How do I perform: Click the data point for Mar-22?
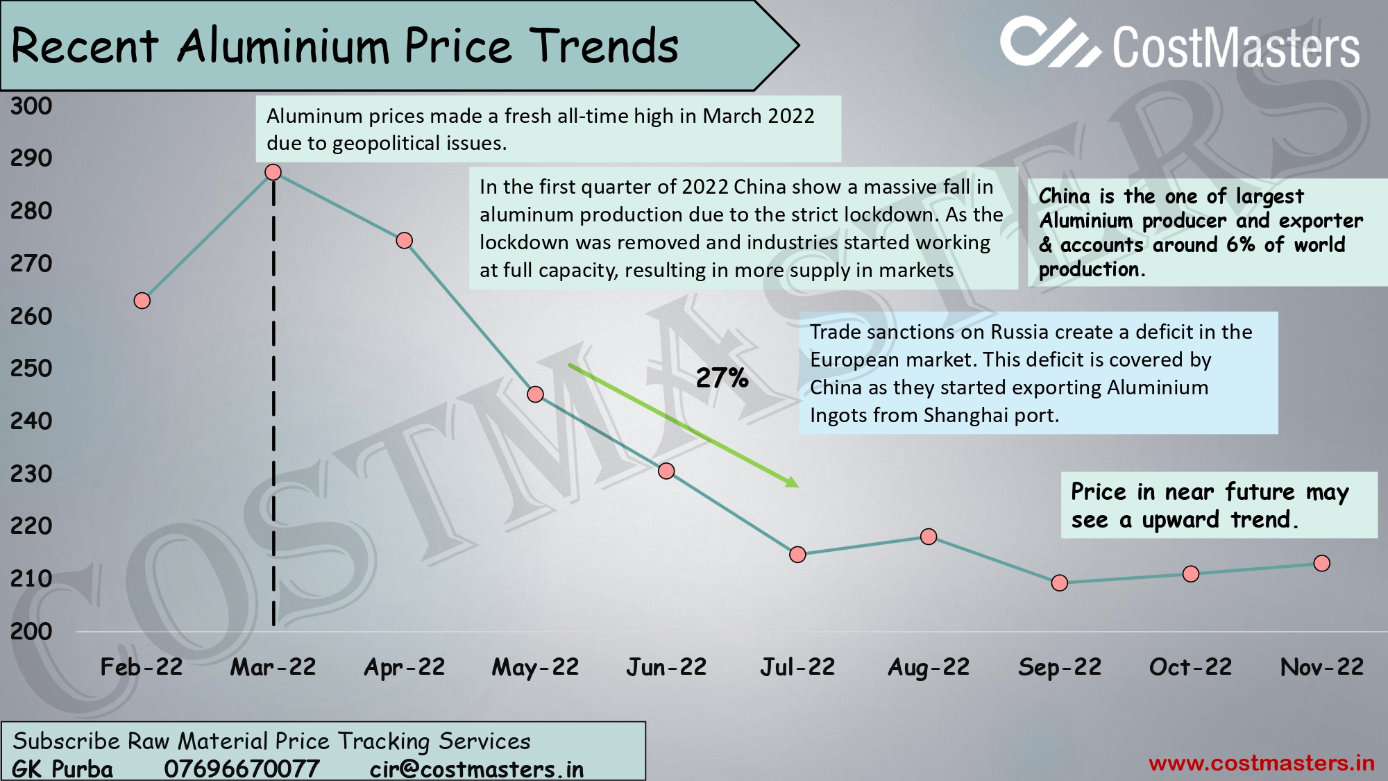pos(273,172)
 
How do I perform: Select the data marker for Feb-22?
pos(142,301)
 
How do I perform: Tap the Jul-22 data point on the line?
pos(797,554)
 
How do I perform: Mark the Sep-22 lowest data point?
pos(1059,582)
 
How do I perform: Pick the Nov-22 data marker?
pos(1321,563)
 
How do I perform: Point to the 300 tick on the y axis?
pos(31,106)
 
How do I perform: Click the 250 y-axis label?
pos(31,368)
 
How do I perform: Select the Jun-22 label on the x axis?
pos(666,667)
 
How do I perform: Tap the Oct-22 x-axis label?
pos(1190,667)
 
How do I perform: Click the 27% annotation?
pos(722,378)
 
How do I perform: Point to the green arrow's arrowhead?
pos(792,481)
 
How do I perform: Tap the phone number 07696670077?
pos(242,769)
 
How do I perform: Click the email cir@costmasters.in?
pos(476,769)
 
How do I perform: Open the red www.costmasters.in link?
pos(1261,763)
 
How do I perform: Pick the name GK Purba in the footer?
pos(62,769)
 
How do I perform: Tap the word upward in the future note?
pos(1180,519)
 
